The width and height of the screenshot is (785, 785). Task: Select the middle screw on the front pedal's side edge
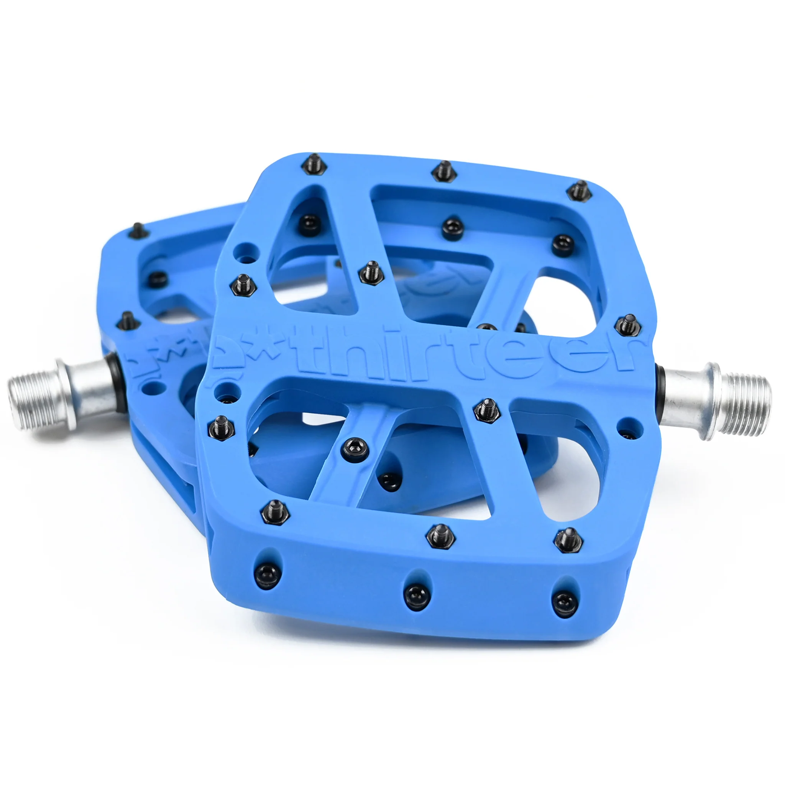click(417, 596)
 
